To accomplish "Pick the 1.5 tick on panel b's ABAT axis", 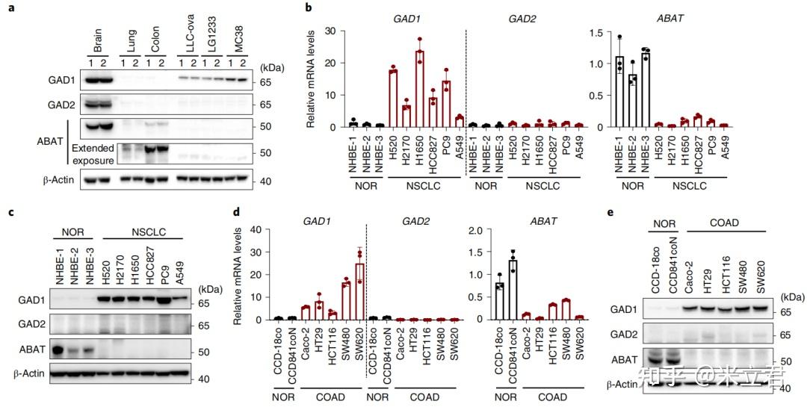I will (603, 32).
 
